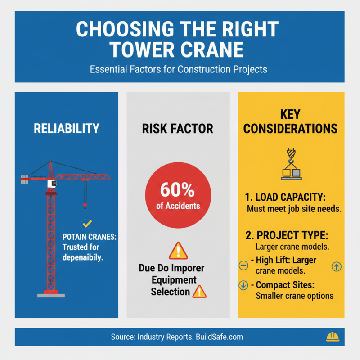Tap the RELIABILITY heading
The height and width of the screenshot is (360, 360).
pos(66,128)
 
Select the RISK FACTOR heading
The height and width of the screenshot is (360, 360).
pos(178,129)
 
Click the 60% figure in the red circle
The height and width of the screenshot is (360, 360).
pos(178,191)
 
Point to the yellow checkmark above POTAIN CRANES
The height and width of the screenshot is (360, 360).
pos(87,224)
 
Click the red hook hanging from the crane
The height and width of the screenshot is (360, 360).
pos(85,205)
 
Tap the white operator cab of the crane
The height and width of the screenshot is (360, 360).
pos(53,184)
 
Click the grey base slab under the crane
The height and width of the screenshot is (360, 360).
pos(50,296)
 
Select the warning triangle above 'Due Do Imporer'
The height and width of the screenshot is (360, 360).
pos(178,250)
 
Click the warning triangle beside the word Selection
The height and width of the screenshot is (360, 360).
pos(199,292)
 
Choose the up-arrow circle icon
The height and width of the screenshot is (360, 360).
pos(336,266)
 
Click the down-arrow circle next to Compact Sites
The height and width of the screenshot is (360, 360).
pos(243,285)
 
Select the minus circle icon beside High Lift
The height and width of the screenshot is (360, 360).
pos(243,266)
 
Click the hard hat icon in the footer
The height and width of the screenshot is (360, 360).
pos(332,337)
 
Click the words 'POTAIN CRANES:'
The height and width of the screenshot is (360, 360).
pos(89,237)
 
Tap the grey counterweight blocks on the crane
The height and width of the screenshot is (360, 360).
pos(24,179)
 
